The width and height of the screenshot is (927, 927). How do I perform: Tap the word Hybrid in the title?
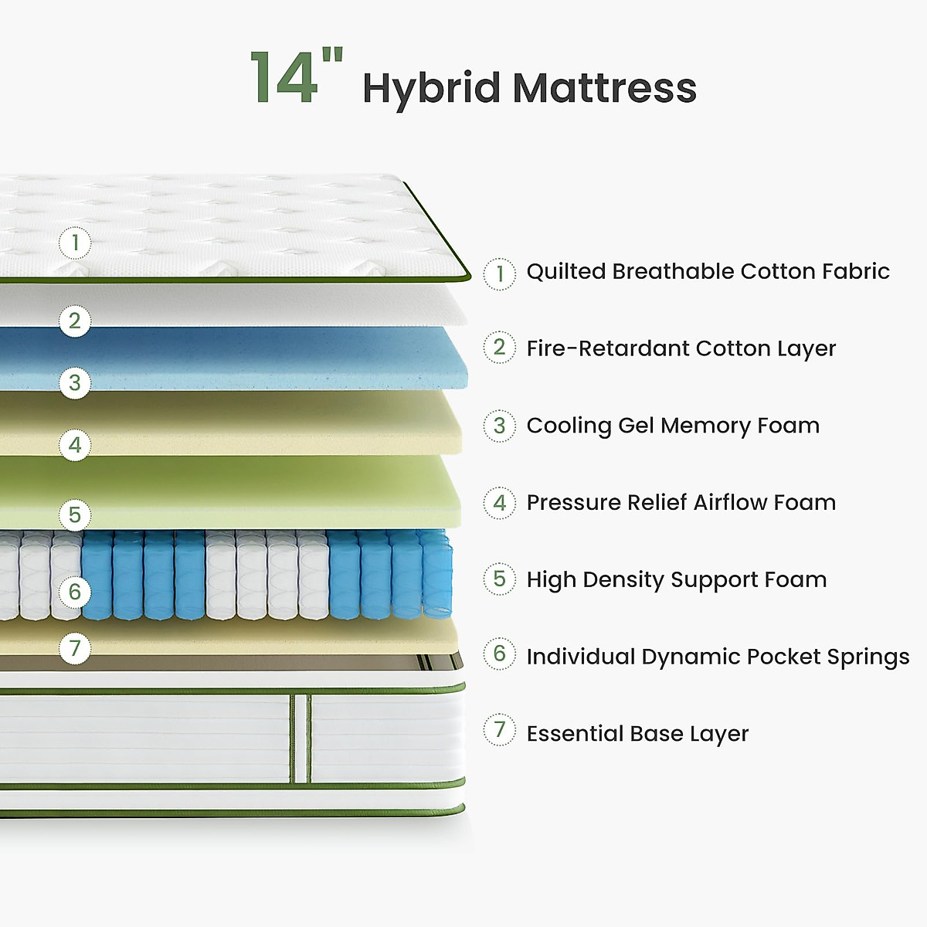(431, 88)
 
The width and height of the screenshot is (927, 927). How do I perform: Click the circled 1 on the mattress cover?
(75, 243)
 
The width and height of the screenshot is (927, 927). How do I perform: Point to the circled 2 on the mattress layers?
(75, 321)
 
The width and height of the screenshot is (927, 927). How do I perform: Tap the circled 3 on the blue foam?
(75, 382)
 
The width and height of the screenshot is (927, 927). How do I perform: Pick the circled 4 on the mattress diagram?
(75, 445)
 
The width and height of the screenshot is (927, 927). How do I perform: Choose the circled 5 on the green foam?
(75, 514)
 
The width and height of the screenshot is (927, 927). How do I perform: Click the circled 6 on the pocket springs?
(75, 592)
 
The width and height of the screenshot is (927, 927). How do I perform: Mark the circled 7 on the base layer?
(75, 647)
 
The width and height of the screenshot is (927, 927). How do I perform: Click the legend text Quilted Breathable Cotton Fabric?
(708, 272)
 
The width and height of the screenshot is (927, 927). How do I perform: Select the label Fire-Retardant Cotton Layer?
(681, 348)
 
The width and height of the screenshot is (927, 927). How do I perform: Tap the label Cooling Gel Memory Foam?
(673, 426)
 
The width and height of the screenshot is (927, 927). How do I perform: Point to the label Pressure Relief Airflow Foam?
(681, 503)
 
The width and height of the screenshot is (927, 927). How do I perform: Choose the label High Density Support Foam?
(676, 579)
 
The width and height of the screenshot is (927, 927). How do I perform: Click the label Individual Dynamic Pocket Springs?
(718, 657)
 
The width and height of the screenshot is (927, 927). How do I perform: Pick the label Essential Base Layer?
(637, 734)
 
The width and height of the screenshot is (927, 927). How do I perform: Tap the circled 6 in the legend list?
(500, 654)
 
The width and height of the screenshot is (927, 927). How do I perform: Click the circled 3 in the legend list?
(500, 426)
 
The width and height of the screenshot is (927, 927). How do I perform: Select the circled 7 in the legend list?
(500, 729)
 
